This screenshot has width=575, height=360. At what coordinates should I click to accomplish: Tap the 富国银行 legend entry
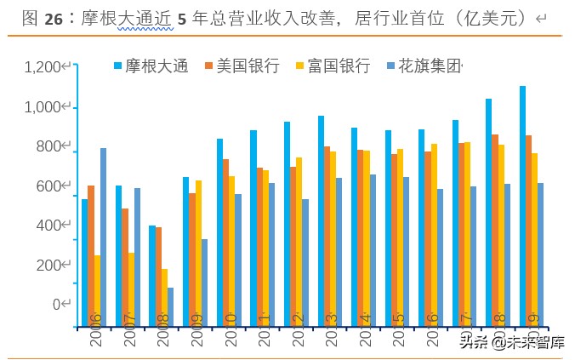pyautogui.click(x=338, y=66)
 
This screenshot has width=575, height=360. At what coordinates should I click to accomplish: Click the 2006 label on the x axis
pyautogui.click(x=95, y=329)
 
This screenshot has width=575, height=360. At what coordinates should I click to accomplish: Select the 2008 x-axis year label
pyautogui.click(x=162, y=329)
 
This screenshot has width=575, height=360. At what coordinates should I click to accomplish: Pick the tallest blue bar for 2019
pyautogui.click(x=522, y=195)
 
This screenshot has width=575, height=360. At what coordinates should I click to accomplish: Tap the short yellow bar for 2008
pyautogui.click(x=163, y=287)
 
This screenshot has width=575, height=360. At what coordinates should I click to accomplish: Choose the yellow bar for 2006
pyautogui.click(x=97, y=280)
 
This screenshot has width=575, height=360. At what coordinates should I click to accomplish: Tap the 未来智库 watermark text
pyautogui.click(x=536, y=342)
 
